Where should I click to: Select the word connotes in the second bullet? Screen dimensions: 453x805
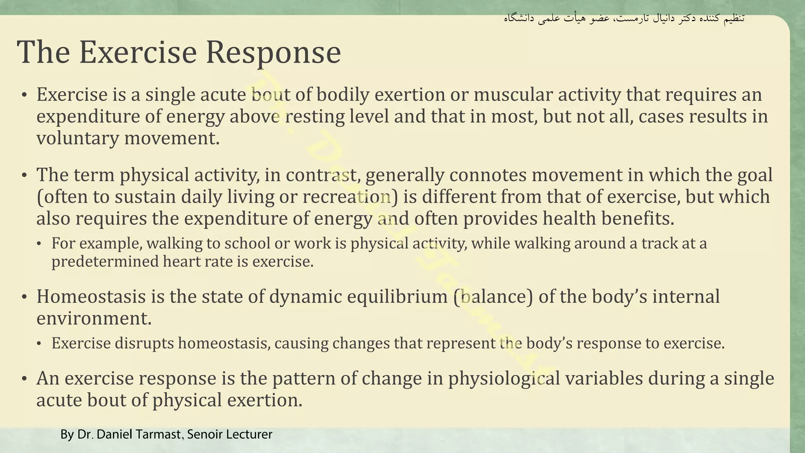point(488,175)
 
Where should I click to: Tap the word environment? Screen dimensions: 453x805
point(94,319)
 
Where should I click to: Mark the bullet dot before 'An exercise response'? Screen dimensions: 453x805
point(24,379)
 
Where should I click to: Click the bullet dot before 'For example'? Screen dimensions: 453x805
point(39,244)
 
